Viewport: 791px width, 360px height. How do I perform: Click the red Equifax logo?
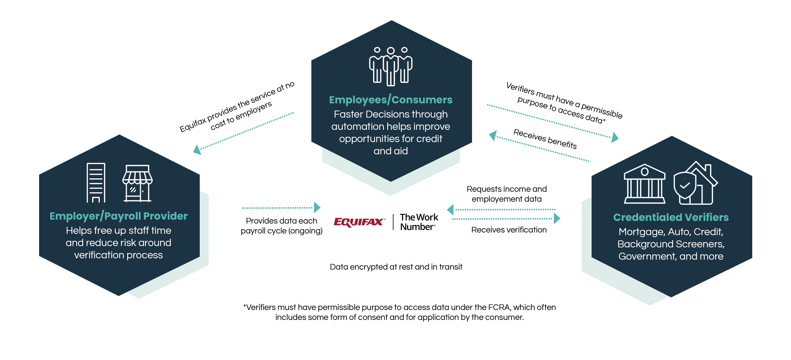[359, 222]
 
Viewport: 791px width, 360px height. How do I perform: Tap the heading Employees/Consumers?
[391, 100]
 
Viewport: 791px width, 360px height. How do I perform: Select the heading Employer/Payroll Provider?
[119, 216]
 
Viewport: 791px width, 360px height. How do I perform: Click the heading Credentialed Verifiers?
[671, 217]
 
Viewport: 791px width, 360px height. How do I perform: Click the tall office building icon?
[96, 182]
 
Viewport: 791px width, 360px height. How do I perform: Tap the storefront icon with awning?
[137, 183]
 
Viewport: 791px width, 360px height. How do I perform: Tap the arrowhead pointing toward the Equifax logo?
[317, 208]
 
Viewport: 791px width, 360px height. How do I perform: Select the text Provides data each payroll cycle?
[282, 226]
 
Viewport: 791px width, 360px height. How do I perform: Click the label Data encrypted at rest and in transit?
[396, 267]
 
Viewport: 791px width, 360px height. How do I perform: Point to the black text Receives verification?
[509, 230]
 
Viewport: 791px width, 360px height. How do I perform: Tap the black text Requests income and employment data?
[506, 194]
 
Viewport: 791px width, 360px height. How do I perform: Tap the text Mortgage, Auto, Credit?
[671, 232]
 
